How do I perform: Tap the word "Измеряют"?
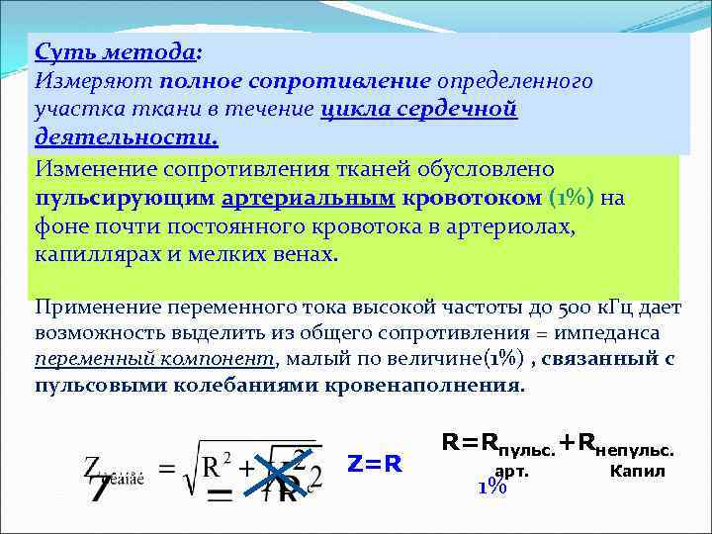tap(82, 80)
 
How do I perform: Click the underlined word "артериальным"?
tap(309, 198)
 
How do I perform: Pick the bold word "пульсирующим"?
tap(125, 198)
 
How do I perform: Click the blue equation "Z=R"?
tap(375, 463)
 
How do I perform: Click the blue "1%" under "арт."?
tap(491, 487)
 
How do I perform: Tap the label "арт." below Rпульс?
tap(511, 471)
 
